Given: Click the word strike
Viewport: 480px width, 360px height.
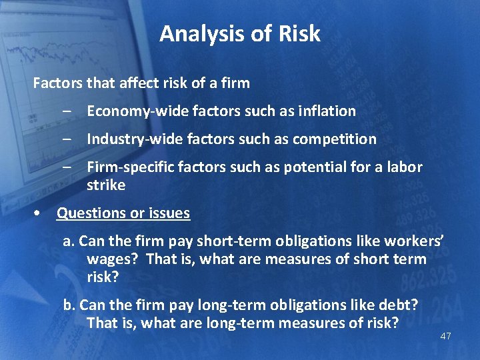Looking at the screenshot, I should tap(106, 185).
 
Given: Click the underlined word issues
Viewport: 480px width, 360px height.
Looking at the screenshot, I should tap(169, 213).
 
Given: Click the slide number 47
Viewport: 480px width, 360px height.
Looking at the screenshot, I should tap(445, 336).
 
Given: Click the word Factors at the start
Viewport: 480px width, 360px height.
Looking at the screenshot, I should tap(55, 83).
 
